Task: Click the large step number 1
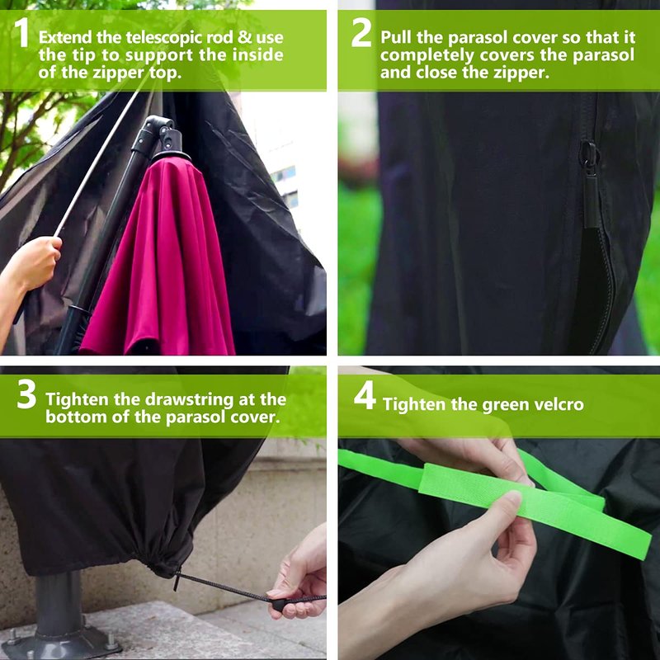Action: (x=21, y=33)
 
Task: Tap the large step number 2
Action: (x=361, y=33)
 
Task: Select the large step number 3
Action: (x=26, y=394)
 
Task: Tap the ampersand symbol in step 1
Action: (x=244, y=37)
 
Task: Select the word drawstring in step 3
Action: (x=173, y=399)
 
